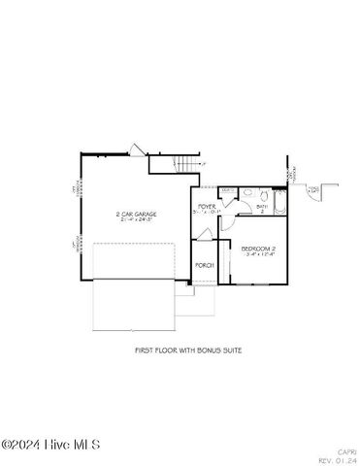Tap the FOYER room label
click(207, 207)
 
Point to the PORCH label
click(204, 265)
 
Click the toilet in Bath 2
click(259, 195)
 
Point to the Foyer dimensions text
click(207, 213)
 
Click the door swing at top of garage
click(137, 150)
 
